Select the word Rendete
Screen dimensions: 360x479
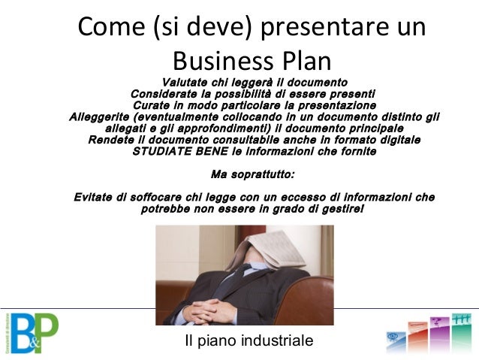click(111, 140)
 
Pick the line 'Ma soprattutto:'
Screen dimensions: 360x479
click(253, 174)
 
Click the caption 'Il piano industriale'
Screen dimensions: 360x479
click(249, 340)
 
